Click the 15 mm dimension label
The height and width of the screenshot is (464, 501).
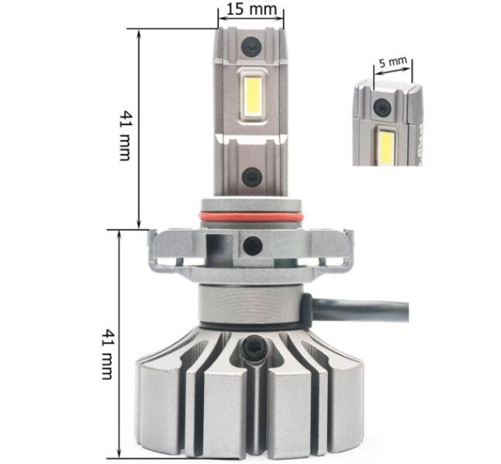[x=251, y=9]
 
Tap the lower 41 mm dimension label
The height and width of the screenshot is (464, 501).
[x=108, y=354]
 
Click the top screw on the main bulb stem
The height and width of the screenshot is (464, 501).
[x=251, y=46]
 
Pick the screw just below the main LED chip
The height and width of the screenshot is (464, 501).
[x=252, y=177]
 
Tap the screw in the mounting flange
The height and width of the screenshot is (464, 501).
[x=253, y=246]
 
